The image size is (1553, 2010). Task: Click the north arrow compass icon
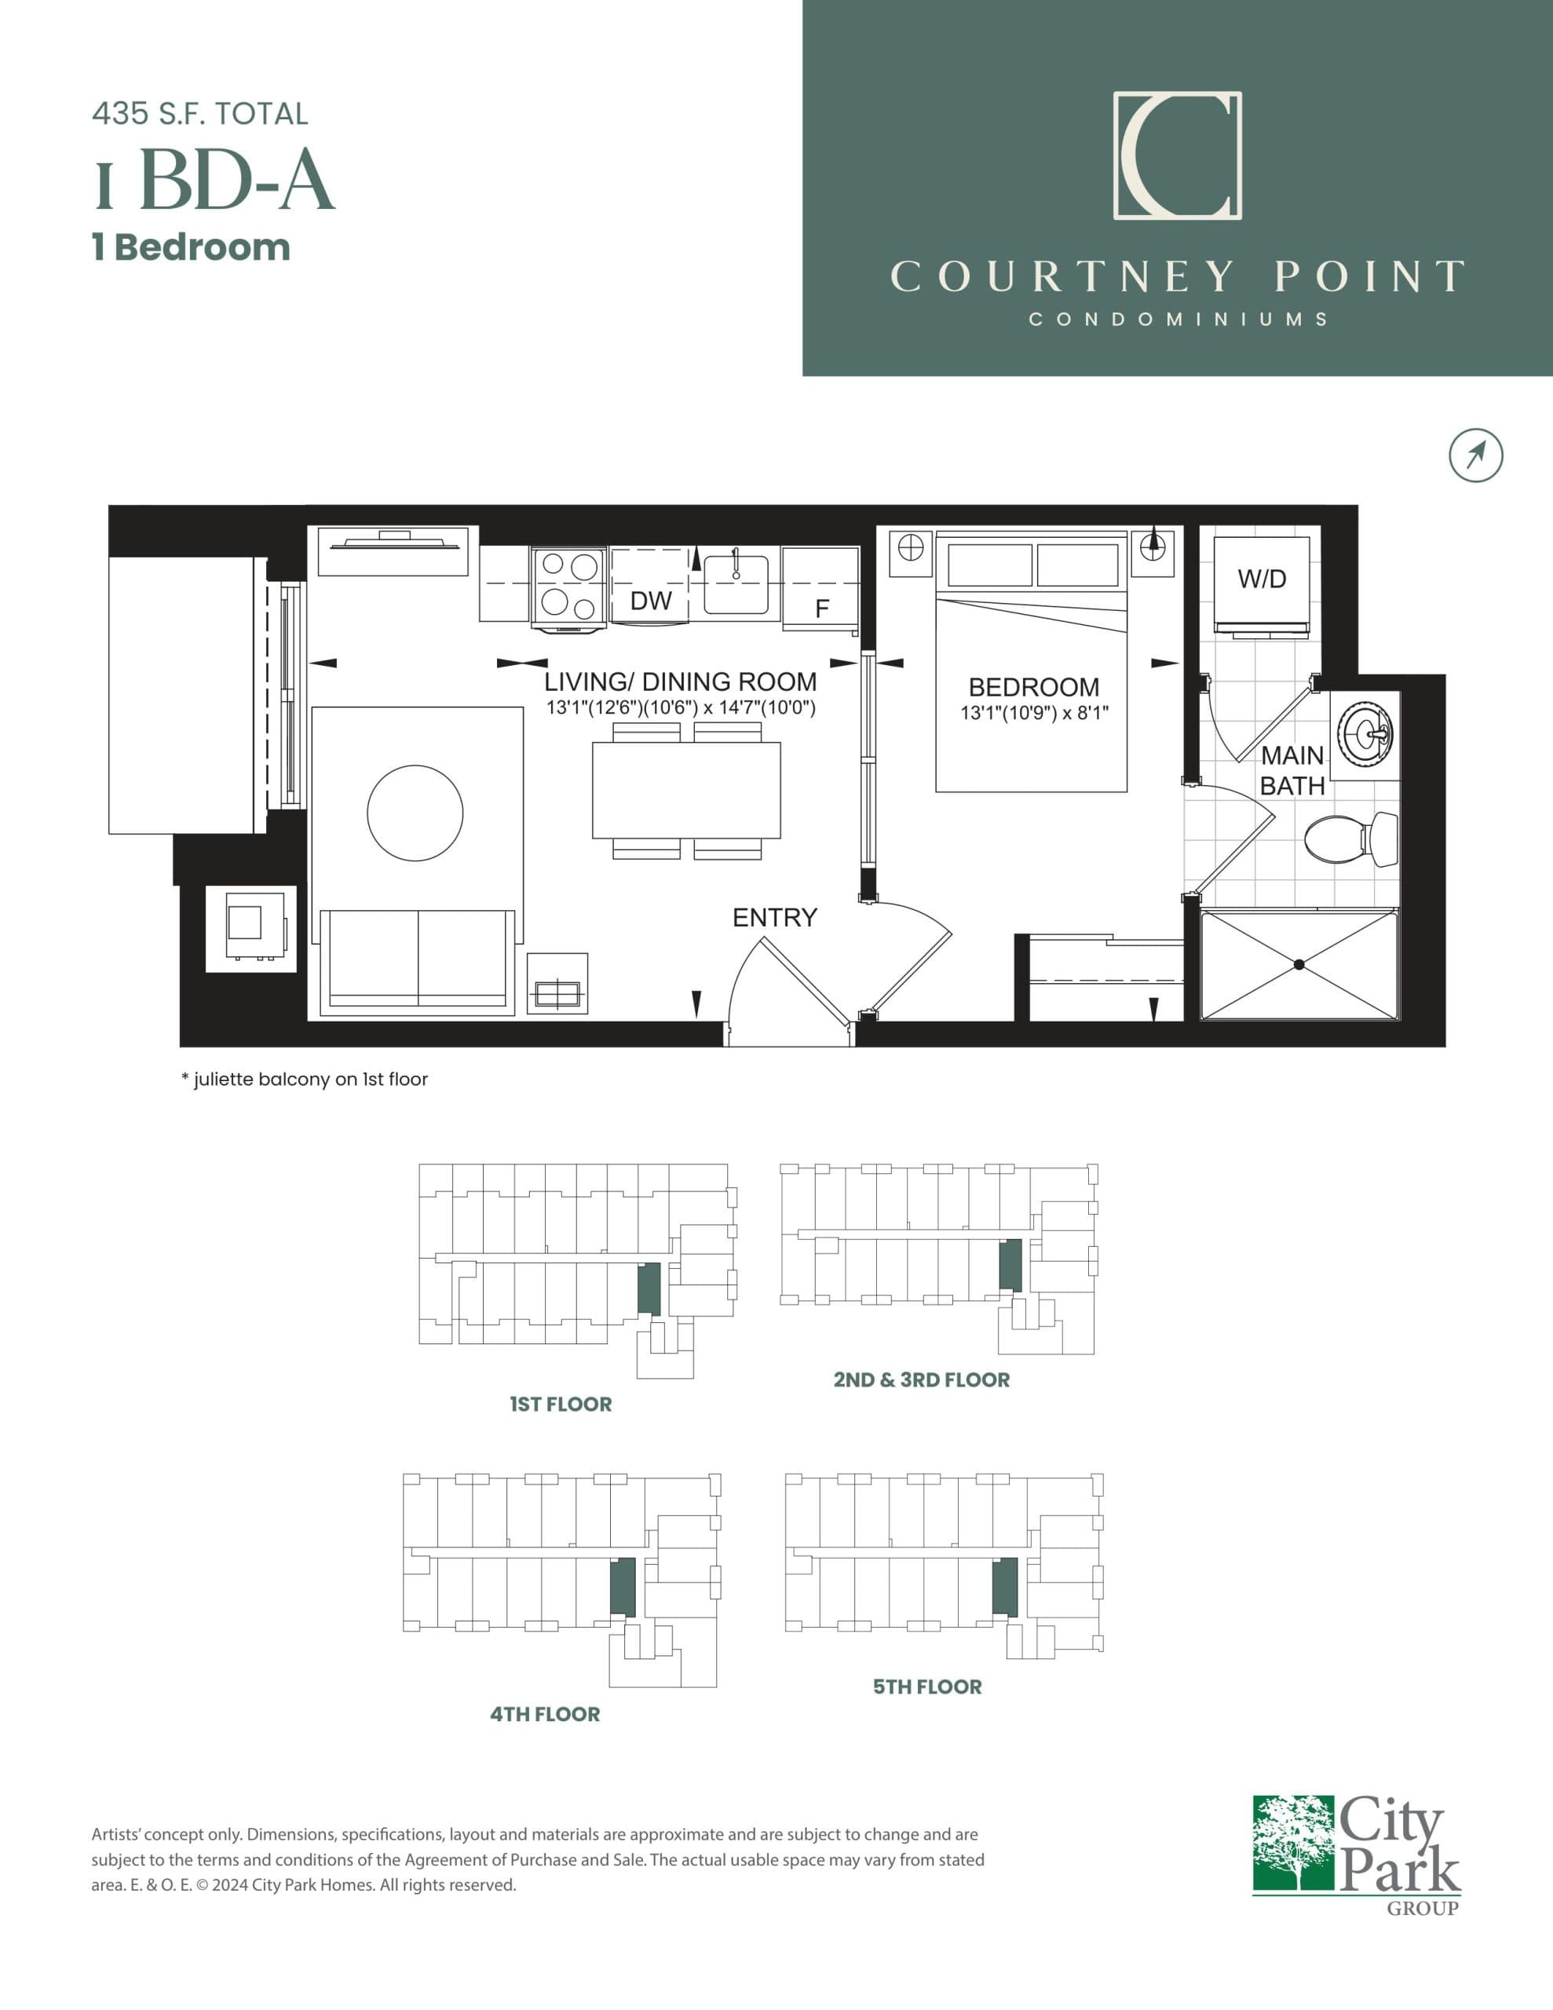pos(1476,455)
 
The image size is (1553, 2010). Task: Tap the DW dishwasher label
pos(651,601)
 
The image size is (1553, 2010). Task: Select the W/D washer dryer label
pos(1261,579)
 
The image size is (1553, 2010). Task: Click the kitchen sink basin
pos(736,585)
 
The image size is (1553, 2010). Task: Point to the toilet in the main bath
pos(1350,838)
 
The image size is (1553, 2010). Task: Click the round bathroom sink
pos(1365,733)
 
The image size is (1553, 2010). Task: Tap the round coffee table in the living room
pos(415,813)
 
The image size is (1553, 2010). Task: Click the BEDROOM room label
pos(1033,686)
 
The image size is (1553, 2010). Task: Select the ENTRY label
pos(774,918)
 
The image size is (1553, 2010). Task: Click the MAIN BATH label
pos(1292,770)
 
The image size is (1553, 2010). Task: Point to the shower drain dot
pos(1298,964)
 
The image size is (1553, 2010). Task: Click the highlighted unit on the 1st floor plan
pos(649,1288)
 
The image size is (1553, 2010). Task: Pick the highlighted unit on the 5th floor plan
pos(1005,1587)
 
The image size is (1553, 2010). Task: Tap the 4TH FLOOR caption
pos(545,1714)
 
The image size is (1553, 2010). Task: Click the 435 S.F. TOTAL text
pos(199,114)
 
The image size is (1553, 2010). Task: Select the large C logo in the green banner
pos(1178,155)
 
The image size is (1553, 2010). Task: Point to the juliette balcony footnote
pos(305,1079)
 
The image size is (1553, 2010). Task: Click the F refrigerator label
pos(822,608)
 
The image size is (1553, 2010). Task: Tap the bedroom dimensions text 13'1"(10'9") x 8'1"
pos(1034,712)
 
